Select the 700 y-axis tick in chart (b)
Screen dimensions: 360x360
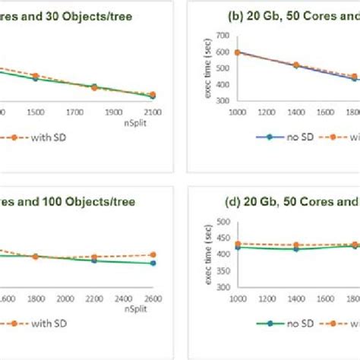coord(223,35)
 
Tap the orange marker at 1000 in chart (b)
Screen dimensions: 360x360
coord(238,52)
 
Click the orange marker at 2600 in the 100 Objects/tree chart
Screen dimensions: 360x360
coord(153,254)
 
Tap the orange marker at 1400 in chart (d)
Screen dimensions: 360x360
coord(295,245)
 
